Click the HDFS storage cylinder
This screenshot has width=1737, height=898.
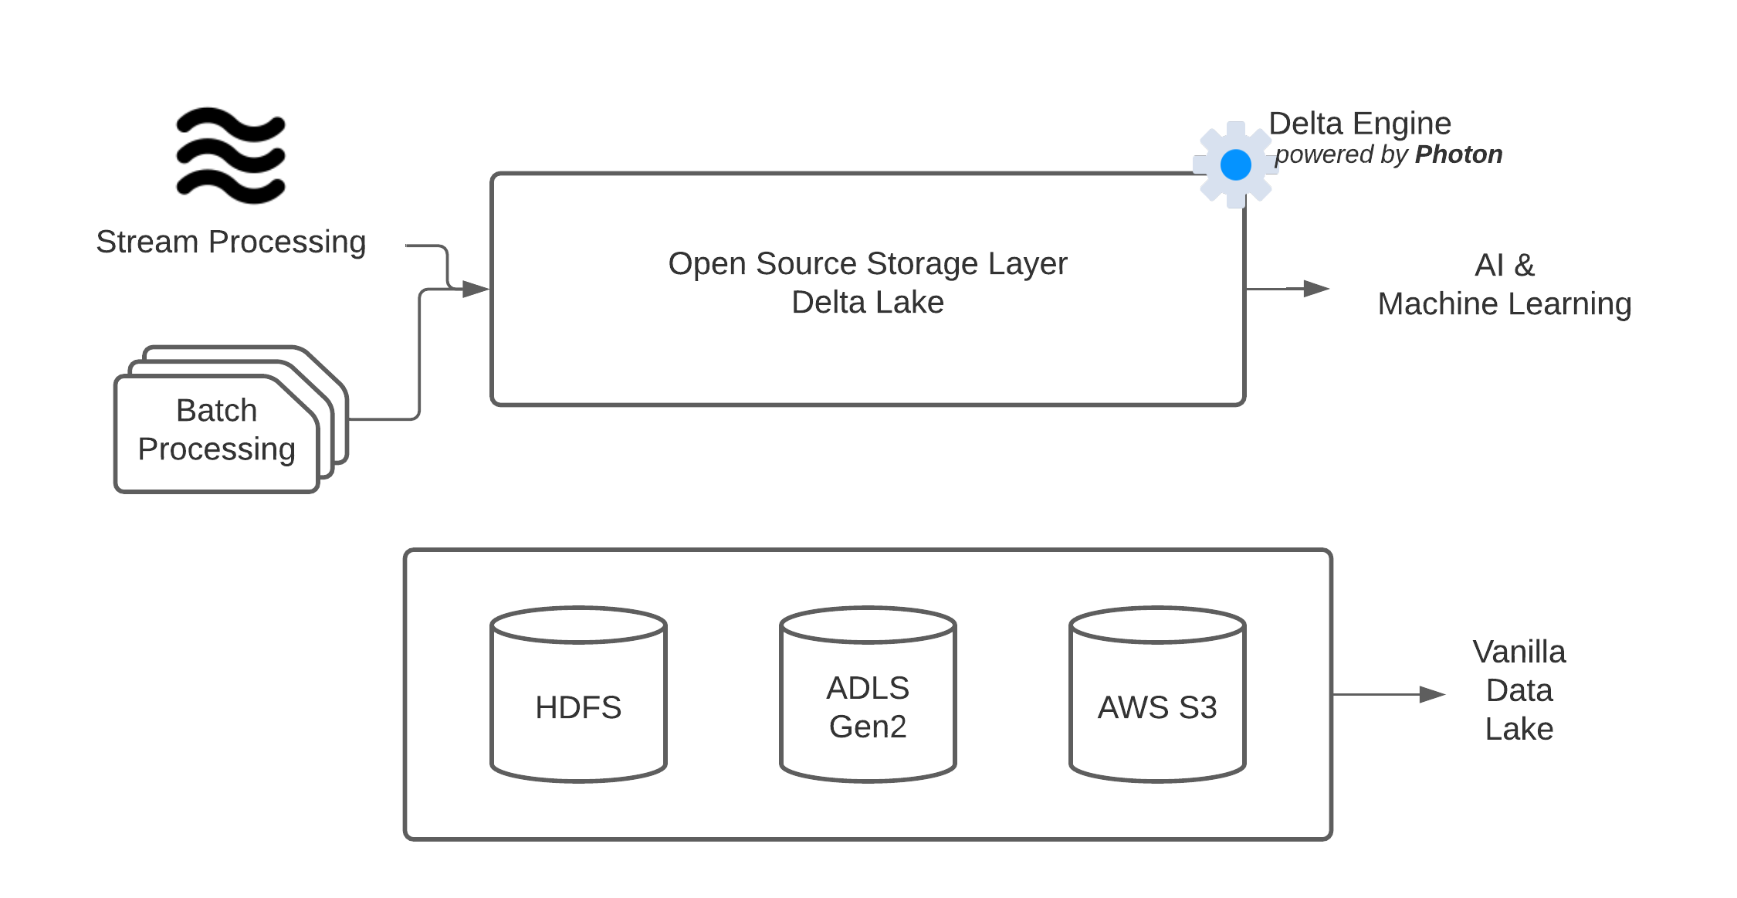click(x=578, y=695)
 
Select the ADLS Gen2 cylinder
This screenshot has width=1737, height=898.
click(x=868, y=695)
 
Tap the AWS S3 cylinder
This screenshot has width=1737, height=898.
click(x=1157, y=695)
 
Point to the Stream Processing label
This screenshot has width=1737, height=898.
click(x=231, y=242)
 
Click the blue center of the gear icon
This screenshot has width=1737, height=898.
click(x=1235, y=164)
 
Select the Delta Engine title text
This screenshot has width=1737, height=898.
click(x=1360, y=124)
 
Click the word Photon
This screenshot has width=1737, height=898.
click(x=1458, y=154)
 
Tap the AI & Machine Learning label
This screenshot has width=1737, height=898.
click(x=1504, y=285)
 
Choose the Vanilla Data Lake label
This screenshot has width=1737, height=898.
click(x=1519, y=690)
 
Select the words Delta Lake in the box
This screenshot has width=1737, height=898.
click(x=868, y=303)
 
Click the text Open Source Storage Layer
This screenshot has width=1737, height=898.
click(x=868, y=264)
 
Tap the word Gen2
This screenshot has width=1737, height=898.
click(x=868, y=727)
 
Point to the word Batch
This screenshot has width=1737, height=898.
click(x=216, y=411)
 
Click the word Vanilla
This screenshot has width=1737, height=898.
click(x=1519, y=652)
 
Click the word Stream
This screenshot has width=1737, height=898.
click(x=147, y=242)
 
